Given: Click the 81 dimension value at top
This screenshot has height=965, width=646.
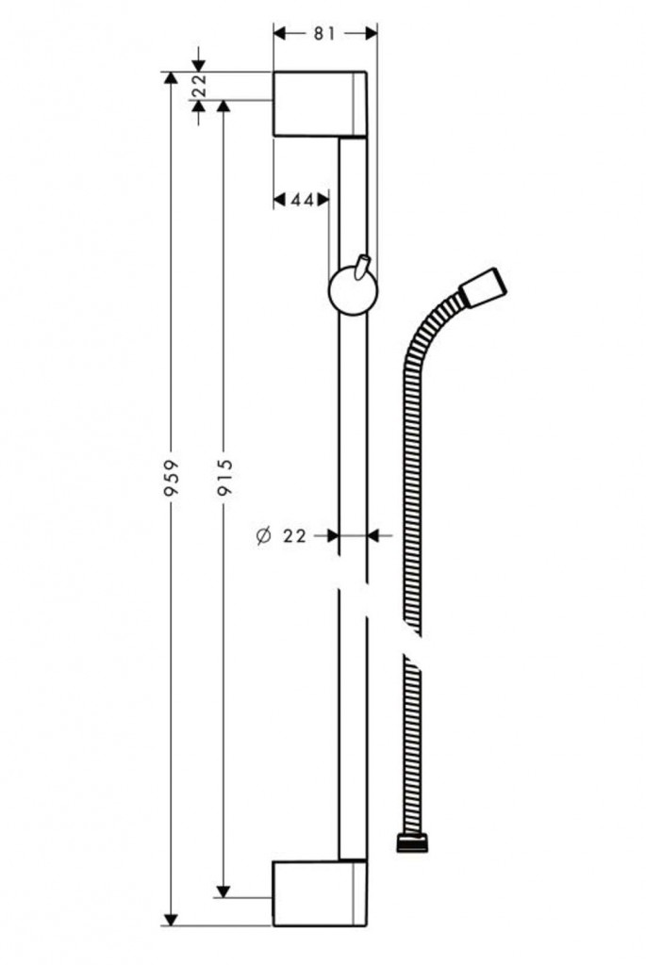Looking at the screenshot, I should (x=324, y=34).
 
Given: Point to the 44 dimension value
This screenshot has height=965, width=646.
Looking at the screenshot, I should (x=301, y=199).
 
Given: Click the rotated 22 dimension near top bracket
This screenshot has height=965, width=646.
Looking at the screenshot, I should (x=199, y=86).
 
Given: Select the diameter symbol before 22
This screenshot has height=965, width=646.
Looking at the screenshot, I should (x=263, y=535).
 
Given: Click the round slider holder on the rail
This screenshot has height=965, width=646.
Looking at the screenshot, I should (x=353, y=293).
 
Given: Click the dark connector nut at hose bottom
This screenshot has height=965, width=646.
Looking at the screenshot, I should (x=412, y=842).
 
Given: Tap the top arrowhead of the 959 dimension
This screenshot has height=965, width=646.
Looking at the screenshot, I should (x=170, y=78).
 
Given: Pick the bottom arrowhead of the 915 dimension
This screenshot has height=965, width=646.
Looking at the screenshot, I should (x=224, y=890).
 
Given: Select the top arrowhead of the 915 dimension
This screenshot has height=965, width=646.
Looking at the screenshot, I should (x=224, y=106).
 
